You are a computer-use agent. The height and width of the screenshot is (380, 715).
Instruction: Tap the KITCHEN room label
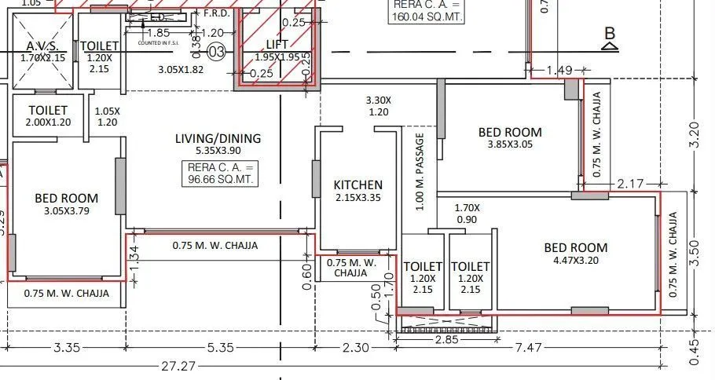point(357,185)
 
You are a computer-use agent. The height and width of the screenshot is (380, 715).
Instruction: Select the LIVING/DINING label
point(218,139)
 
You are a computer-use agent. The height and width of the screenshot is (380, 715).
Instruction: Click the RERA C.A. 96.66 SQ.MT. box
point(222,174)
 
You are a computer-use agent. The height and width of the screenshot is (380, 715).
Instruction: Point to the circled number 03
point(218,53)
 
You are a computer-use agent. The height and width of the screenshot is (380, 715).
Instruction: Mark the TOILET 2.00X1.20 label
point(48,116)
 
